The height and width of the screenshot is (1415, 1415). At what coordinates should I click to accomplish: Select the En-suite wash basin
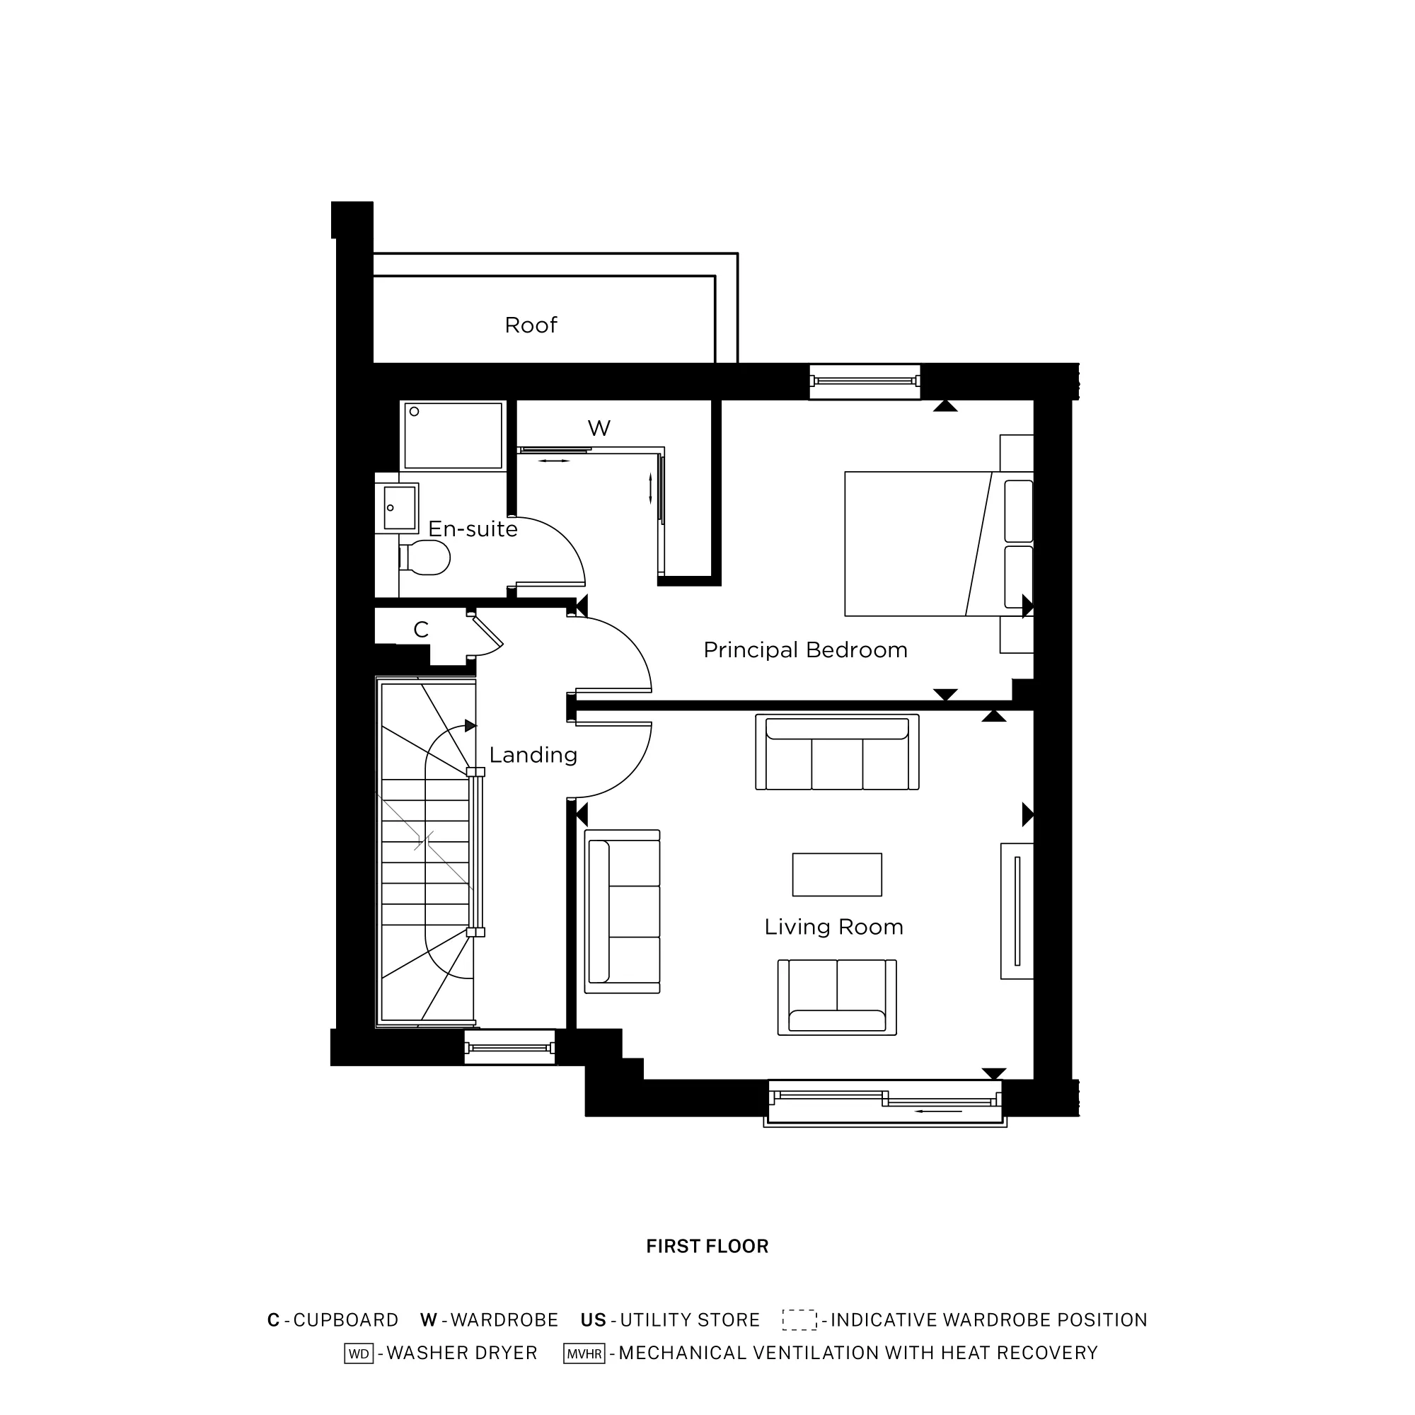(x=399, y=507)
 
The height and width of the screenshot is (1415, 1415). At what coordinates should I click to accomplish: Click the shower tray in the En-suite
(x=454, y=436)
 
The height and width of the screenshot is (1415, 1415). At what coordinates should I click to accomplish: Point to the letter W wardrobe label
(x=599, y=429)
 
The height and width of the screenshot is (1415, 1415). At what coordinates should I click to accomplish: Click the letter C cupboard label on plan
(x=420, y=629)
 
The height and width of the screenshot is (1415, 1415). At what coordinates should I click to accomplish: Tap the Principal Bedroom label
(x=805, y=650)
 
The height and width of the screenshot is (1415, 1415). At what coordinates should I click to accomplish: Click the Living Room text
(x=833, y=928)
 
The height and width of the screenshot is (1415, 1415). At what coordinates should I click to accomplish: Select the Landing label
(x=533, y=755)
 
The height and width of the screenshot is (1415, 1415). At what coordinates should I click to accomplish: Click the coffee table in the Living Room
(x=836, y=874)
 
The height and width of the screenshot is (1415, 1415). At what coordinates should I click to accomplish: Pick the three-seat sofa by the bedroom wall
(x=836, y=752)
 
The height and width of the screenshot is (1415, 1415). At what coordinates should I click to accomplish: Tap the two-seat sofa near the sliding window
(x=836, y=998)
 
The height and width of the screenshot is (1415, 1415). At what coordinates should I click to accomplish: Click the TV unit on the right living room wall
(x=1017, y=911)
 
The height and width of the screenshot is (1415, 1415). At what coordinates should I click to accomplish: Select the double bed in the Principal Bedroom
(x=930, y=543)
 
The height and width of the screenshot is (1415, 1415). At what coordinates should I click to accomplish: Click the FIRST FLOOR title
(x=707, y=1247)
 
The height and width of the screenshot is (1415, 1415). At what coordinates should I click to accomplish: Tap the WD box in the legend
(x=359, y=1353)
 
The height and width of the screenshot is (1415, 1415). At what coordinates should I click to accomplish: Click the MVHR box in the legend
(x=584, y=1353)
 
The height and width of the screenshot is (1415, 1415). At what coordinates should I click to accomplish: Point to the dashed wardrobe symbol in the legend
(x=799, y=1319)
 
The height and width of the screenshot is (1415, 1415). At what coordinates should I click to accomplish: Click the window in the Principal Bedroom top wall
(x=865, y=381)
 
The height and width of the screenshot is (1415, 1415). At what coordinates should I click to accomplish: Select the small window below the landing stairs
(x=509, y=1048)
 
